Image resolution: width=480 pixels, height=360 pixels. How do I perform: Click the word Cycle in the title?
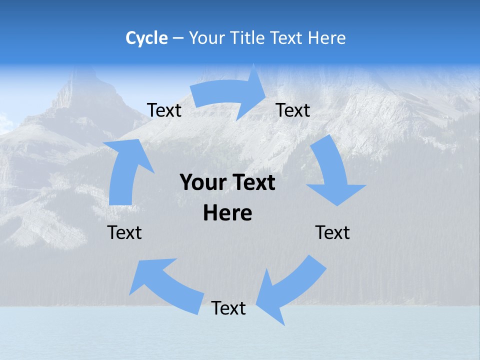pos(146,38)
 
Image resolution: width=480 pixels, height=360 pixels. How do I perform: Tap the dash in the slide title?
pos(178,38)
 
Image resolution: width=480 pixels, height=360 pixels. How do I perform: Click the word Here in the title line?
pos(326,38)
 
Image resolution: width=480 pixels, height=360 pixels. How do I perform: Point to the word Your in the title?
pos(206,38)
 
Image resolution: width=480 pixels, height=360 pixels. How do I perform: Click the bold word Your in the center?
pos(203,183)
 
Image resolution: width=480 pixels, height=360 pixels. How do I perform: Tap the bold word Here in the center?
pos(227,213)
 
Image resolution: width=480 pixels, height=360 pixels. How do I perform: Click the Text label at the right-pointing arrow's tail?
pos(164,110)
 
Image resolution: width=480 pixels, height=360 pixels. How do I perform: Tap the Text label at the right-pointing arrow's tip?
pos(293,110)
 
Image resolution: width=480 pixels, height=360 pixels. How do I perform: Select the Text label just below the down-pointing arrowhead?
pos(332,233)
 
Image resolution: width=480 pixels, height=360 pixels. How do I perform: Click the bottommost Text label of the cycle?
pos(228,308)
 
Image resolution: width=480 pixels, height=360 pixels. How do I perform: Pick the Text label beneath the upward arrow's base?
pos(124,233)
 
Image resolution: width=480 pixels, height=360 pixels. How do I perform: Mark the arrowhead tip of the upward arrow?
pos(134,137)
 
